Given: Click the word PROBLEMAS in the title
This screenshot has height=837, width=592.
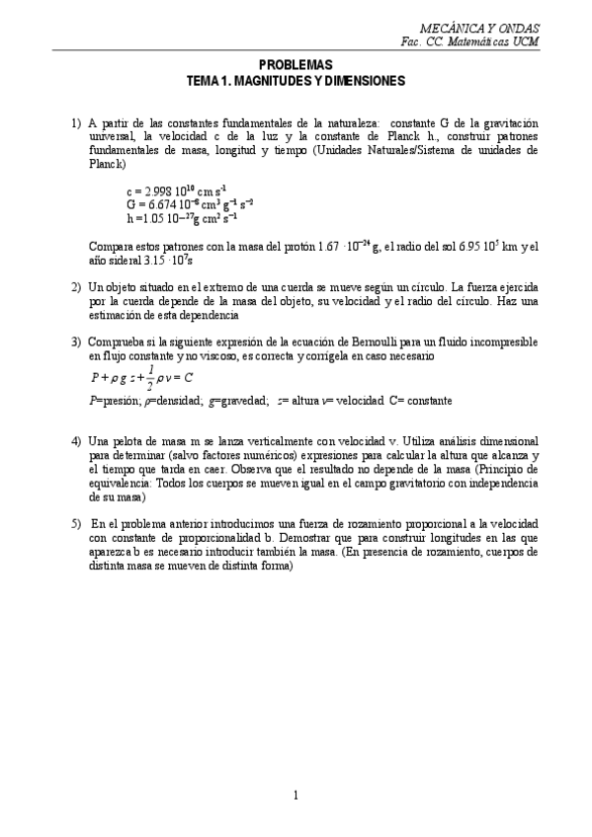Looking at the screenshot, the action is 296,64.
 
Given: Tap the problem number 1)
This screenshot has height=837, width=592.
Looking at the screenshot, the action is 76,123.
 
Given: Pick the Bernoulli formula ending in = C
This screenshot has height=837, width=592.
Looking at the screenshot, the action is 142,376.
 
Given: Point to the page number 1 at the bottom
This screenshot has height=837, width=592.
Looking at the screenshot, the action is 296,795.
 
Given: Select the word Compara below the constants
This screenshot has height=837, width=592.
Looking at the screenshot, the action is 113,246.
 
